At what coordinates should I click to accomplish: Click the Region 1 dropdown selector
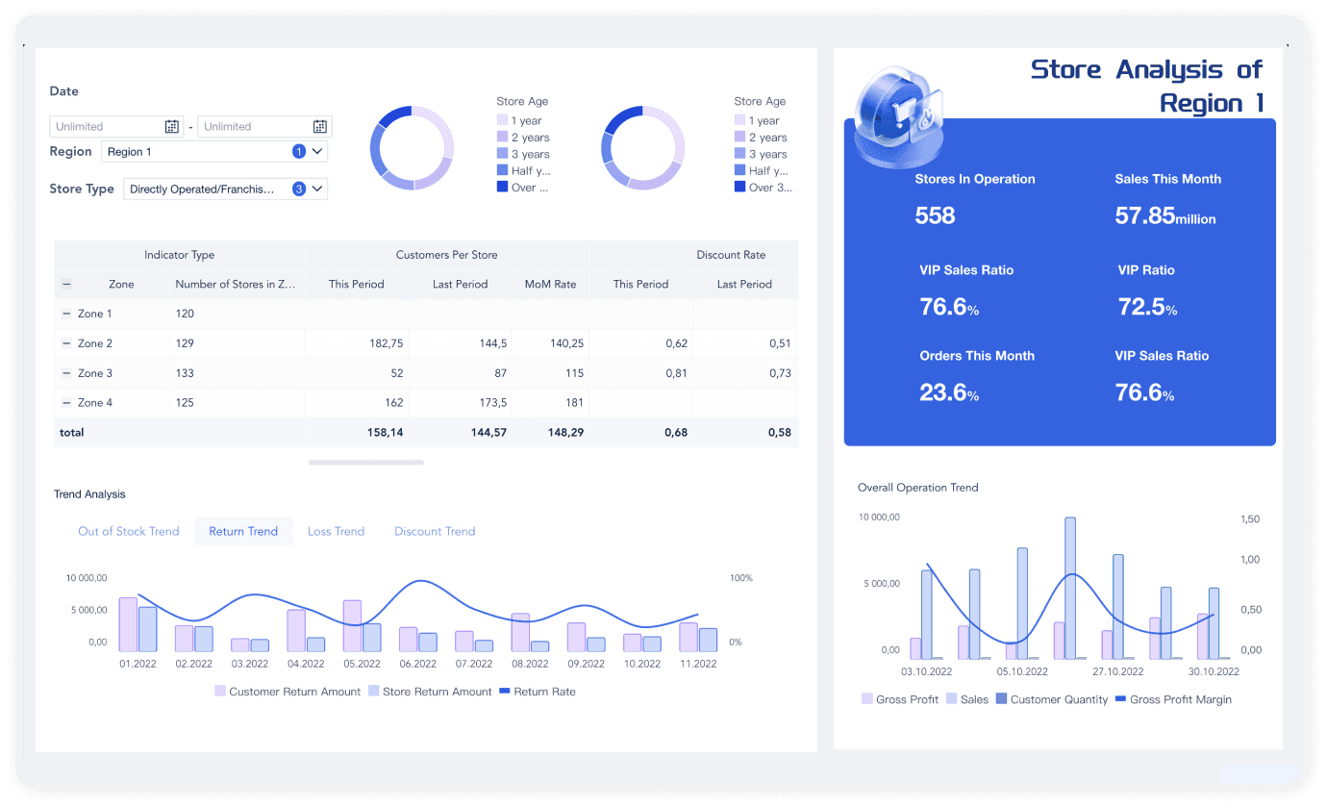click(213, 152)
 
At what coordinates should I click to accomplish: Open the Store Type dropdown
click(225, 189)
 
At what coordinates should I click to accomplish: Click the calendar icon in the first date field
click(172, 126)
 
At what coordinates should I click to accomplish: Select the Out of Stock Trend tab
click(129, 531)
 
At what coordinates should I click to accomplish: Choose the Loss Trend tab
click(336, 531)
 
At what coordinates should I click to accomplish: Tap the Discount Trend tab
click(435, 531)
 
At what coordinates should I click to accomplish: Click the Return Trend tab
click(243, 531)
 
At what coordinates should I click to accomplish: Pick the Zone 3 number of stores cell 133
click(185, 373)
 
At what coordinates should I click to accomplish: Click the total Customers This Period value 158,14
click(385, 432)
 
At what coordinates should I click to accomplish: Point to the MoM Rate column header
click(550, 284)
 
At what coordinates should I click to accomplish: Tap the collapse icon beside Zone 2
click(66, 343)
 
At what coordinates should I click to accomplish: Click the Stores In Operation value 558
click(935, 215)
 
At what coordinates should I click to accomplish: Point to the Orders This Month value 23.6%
click(949, 392)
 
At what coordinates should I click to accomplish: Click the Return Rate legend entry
click(538, 692)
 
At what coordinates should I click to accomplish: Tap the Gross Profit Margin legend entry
click(1173, 699)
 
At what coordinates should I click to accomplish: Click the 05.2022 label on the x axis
click(362, 664)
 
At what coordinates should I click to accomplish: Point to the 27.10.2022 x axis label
click(1118, 671)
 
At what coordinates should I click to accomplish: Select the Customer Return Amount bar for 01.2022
click(128, 625)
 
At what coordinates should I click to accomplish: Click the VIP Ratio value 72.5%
click(1147, 307)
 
